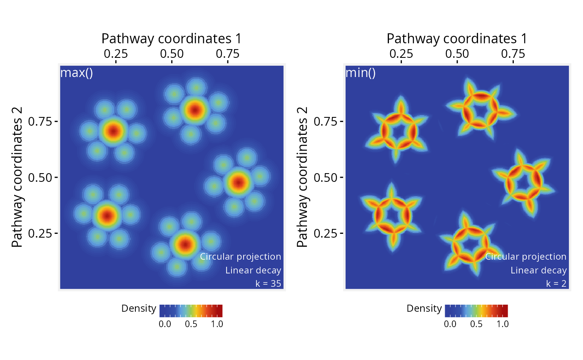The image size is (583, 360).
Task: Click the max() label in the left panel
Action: click(x=77, y=72)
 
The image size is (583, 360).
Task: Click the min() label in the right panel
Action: click(x=361, y=72)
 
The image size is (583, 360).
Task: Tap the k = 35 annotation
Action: click(x=268, y=283)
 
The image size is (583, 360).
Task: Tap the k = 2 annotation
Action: click(x=556, y=283)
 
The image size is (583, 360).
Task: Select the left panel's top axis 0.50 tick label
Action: click(x=172, y=54)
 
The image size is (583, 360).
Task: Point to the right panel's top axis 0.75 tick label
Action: click(x=513, y=54)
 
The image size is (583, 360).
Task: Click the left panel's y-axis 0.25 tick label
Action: click(x=40, y=233)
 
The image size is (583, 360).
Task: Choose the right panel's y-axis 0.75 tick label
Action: click(x=325, y=121)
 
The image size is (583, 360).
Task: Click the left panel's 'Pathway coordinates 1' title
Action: click(x=172, y=39)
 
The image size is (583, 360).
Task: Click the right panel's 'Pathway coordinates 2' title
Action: click(x=302, y=177)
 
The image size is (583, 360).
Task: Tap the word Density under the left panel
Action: click(x=139, y=308)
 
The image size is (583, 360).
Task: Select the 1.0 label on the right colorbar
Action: click(x=503, y=324)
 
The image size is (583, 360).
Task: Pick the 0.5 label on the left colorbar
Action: click(x=191, y=324)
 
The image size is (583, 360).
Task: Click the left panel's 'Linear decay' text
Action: click(x=253, y=270)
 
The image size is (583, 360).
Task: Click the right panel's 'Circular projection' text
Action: click(x=526, y=257)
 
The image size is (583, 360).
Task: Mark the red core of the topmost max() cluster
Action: click(x=195, y=110)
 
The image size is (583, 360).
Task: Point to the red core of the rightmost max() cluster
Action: click(x=238, y=182)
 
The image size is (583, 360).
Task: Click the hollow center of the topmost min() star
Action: click(x=481, y=111)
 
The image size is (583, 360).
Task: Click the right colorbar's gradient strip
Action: click(x=476, y=311)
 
